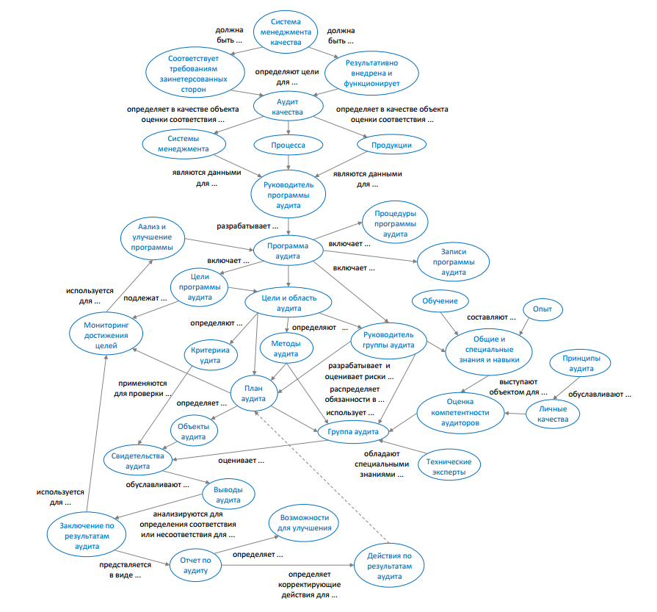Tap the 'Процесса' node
click(x=288, y=145)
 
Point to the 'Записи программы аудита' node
click(x=453, y=262)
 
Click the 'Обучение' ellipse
click(x=440, y=301)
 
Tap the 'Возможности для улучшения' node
click(x=304, y=522)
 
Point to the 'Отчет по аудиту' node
click(x=196, y=566)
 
